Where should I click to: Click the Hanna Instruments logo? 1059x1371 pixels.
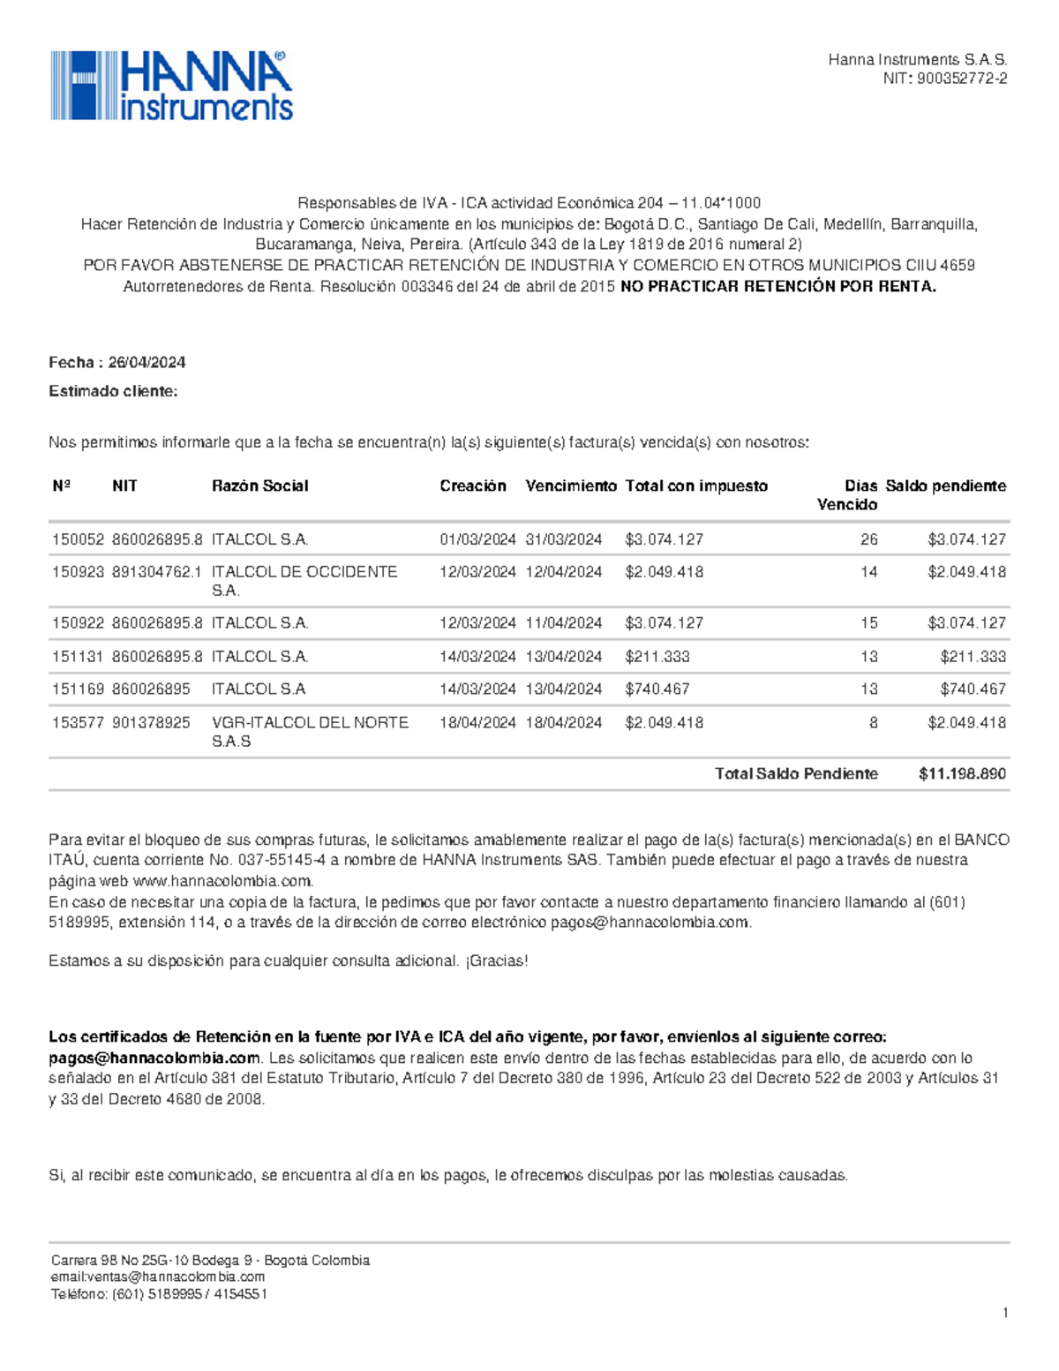point(171,86)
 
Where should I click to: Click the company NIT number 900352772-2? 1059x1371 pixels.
point(962,79)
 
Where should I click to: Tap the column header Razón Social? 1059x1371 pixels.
point(259,486)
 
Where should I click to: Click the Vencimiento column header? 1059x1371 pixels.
point(570,486)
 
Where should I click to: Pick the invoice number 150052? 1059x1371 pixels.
point(78,539)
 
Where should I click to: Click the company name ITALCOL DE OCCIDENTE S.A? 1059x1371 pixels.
point(304,581)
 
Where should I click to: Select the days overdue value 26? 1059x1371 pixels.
point(868,539)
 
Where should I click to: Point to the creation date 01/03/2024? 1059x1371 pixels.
point(477,539)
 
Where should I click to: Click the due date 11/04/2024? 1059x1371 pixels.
point(563,623)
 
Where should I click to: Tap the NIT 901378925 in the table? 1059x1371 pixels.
point(151,723)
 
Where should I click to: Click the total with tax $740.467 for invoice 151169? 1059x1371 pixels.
point(657,689)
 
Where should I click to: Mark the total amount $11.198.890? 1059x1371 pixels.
point(962,774)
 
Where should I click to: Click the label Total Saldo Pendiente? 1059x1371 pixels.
point(795,774)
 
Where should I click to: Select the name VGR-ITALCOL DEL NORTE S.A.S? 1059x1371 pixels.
point(309,732)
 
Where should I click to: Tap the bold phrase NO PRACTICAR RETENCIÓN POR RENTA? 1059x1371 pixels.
point(777,287)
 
